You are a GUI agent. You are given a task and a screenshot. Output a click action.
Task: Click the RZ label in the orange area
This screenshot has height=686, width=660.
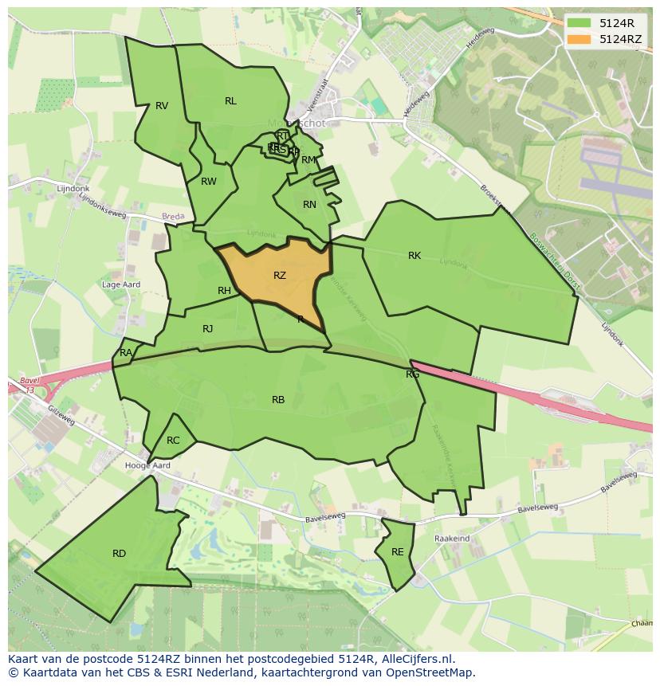pos(280,276)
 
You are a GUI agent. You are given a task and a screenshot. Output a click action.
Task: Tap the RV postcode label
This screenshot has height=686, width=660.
pos(162,106)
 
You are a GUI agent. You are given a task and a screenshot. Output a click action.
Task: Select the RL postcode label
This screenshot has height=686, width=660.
pos(230,101)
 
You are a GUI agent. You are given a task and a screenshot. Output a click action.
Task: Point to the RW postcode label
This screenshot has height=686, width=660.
pos(209,182)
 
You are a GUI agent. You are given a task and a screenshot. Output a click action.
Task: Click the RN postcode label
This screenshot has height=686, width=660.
pos(310,205)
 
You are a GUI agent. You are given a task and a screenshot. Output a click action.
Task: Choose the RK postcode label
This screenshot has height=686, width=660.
pos(414,256)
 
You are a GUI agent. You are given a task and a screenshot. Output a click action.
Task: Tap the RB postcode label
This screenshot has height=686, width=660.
pos(278,400)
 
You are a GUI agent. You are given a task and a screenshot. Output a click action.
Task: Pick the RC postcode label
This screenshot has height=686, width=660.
pos(173,441)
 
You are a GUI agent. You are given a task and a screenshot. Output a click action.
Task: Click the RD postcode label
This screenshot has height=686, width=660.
pos(119,554)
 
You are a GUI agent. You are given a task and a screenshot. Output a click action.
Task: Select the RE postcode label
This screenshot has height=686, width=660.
pos(397,552)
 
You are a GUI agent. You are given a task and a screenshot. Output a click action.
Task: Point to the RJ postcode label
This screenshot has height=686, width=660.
pos(208,329)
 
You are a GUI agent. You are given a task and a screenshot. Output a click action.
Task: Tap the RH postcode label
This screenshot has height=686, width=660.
pos(224,291)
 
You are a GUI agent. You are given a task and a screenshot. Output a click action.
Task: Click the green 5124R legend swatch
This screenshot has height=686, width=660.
pos(579,23)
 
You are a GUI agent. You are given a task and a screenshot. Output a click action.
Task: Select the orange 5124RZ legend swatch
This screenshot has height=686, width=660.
pos(579,39)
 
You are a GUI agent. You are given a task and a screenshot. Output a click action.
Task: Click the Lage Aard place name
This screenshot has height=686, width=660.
pos(121,284)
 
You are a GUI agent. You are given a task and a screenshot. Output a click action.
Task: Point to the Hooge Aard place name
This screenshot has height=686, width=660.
pos(147,465)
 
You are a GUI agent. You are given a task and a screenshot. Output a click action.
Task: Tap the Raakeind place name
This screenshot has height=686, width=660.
pos(452,539)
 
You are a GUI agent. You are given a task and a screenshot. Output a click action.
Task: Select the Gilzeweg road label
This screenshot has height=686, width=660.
pos(60,414)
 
